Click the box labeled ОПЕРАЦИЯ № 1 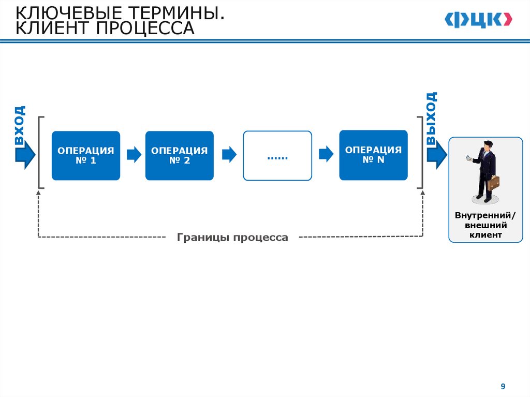pyautogui.click(x=85, y=155)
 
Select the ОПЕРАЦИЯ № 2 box pyautogui.click(x=179, y=155)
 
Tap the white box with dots pyautogui.click(x=277, y=155)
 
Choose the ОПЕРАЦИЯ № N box pyautogui.click(x=373, y=155)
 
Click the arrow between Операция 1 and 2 pyautogui.click(x=134, y=155)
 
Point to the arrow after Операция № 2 pyautogui.click(x=229, y=154)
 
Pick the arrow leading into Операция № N pyautogui.click(x=326, y=154)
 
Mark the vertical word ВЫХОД pyautogui.click(x=431, y=118)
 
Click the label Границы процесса pyautogui.click(x=232, y=238)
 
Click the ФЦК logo pyautogui.click(x=478, y=20)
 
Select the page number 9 pyautogui.click(x=503, y=387)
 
